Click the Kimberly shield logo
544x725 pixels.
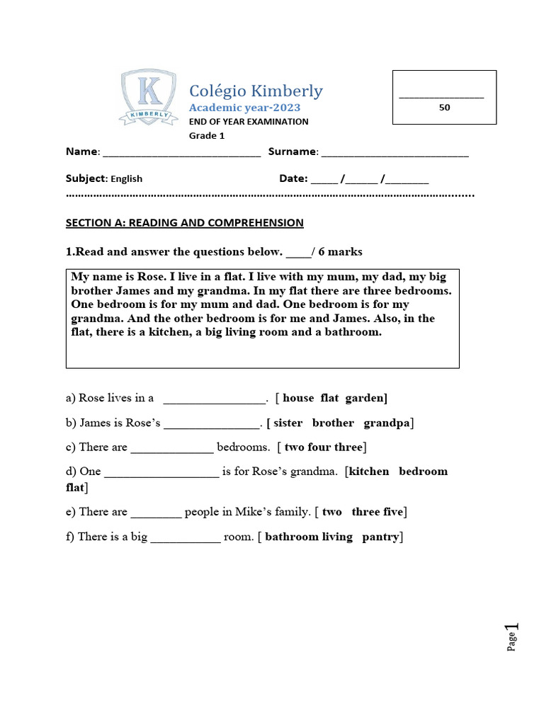[x=148, y=98]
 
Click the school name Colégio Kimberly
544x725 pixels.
[x=255, y=91]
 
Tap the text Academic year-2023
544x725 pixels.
[x=244, y=108]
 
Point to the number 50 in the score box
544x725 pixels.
[x=444, y=108]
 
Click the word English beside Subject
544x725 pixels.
[x=126, y=179]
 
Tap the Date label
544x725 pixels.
[x=293, y=178]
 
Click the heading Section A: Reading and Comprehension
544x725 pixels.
[x=184, y=223]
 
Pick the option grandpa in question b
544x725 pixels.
[x=387, y=423]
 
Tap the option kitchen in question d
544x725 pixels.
[x=369, y=472]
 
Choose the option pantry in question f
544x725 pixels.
[x=380, y=537]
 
